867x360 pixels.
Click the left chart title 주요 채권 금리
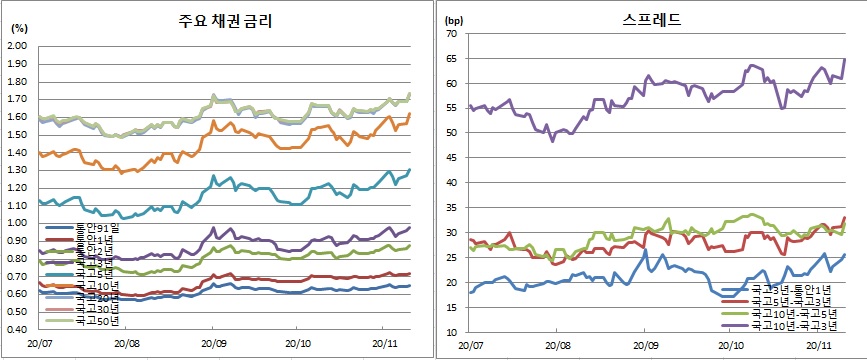[223, 20]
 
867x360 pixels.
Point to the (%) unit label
[17, 29]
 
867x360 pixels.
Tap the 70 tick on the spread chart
[451, 34]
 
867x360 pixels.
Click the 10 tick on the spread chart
[451, 332]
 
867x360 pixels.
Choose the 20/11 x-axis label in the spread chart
[819, 345]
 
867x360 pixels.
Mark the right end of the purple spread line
[845, 59]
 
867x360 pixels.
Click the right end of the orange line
[410, 114]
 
